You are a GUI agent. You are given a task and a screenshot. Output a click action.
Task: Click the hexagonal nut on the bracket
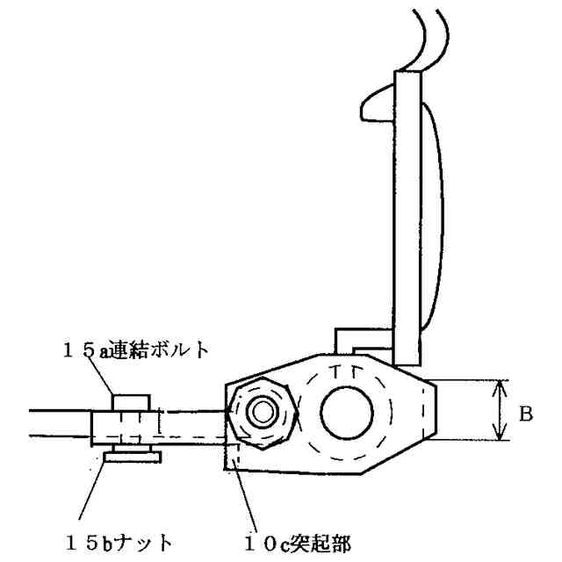262,411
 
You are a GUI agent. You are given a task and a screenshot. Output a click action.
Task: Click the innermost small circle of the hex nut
262,411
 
